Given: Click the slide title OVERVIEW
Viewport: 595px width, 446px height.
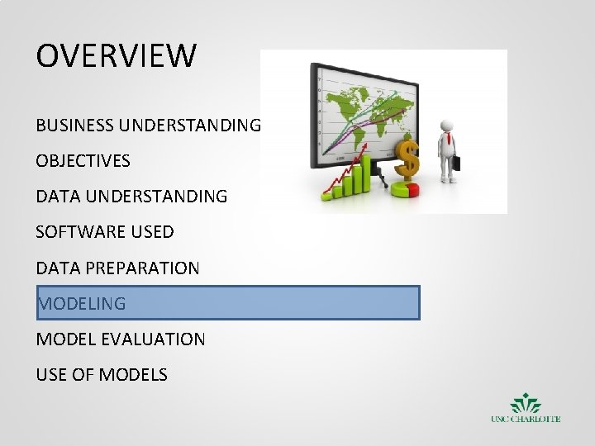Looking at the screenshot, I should tap(117, 56).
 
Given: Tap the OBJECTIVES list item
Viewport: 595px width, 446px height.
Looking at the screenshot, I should tap(83, 161).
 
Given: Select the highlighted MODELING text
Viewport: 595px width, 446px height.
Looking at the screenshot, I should tap(82, 303).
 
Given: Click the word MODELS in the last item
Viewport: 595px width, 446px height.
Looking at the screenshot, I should tap(135, 375).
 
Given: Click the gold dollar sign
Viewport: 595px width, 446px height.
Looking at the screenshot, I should tap(407, 158).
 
